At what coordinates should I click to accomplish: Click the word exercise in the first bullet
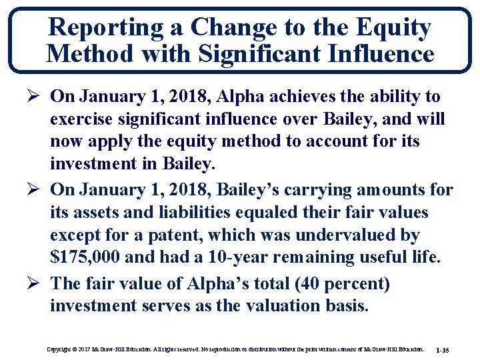click(x=83, y=120)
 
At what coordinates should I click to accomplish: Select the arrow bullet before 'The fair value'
click(x=35, y=283)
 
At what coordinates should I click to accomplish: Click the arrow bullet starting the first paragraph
click(x=35, y=97)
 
